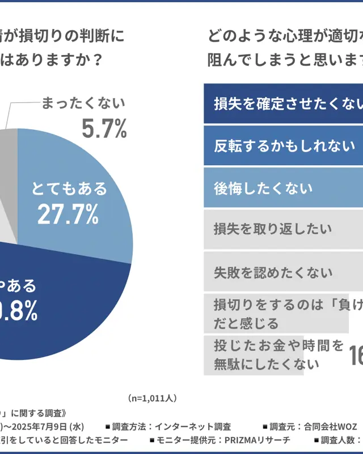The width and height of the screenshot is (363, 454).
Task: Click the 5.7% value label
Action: (x=104, y=129)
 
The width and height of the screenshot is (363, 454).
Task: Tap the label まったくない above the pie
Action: (x=83, y=103)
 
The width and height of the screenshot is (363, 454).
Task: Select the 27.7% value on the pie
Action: (x=68, y=214)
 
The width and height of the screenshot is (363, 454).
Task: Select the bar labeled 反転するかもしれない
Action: (x=284, y=146)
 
